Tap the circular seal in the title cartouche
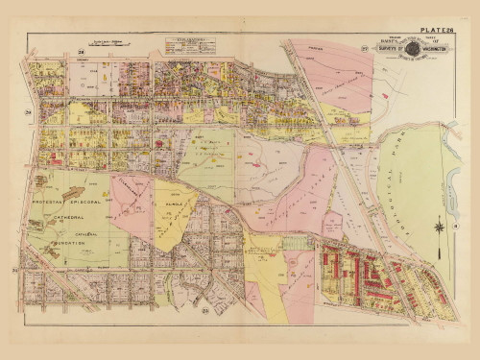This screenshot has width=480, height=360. [x=412, y=49]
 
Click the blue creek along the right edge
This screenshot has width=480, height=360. [x=451, y=192]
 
